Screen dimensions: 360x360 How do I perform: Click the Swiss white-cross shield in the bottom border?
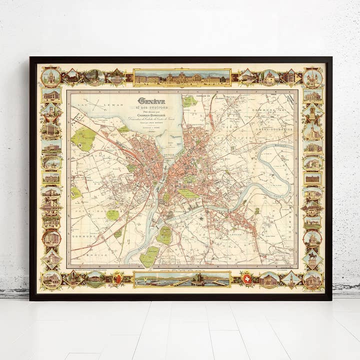pyautogui.click(x=246, y=278)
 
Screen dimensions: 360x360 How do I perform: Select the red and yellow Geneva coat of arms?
pyautogui.click(x=118, y=278)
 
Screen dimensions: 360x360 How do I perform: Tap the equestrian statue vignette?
pyautogui.click(x=312, y=259)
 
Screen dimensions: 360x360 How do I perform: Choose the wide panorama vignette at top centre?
pyautogui.click(x=182, y=77)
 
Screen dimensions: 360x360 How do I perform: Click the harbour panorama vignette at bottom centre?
pyautogui.click(x=182, y=279)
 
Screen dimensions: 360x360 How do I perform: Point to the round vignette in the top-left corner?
pyautogui.click(x=51, y=77)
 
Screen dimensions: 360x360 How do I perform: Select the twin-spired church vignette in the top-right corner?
pyautogui.click(x=312, y=77)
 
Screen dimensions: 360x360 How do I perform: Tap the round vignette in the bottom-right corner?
pyautogui.click(x=312, y=279)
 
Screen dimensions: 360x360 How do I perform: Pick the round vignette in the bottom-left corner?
pyautogui.click(x=51, y=279)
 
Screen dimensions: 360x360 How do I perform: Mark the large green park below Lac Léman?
pyautogui.click(x=84, y=138)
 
